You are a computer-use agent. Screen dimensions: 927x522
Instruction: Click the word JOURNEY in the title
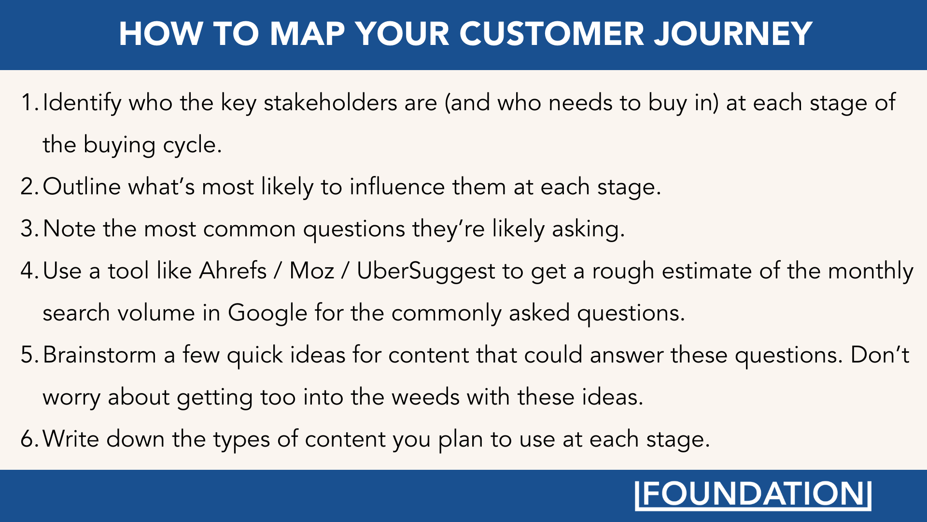pos(733,34)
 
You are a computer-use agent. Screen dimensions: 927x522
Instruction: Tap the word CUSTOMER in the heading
pos(551,34)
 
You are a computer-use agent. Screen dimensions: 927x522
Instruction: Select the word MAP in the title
pos(307,34)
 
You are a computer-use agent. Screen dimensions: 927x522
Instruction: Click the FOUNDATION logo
pos(753,495)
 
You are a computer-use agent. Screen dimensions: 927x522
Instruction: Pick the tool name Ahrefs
pos(233,271)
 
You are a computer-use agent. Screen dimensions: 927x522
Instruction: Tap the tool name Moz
pos(311,271)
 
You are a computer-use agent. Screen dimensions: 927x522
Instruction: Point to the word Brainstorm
pos(99,355)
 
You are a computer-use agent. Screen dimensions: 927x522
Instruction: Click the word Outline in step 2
pos(82,187)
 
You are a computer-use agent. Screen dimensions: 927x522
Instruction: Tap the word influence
pos(397,187)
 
